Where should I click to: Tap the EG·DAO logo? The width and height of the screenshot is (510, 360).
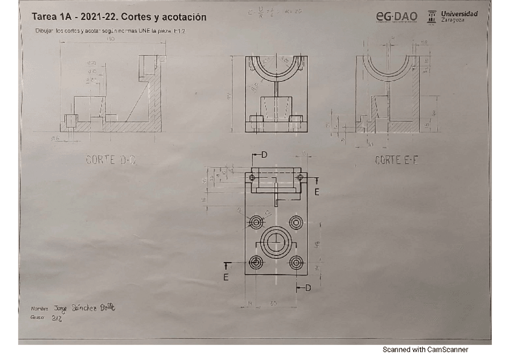pyautogui.click(x=396, y=16)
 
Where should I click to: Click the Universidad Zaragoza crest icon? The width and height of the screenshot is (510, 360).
pyautogui.click(x=431, y=16)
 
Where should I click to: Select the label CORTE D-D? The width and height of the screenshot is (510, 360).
pyautogui.click(x=111, y=160)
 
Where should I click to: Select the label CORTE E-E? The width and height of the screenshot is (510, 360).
pyautogui.click(x=396, y=160)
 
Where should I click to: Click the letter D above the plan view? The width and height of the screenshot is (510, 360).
pyautogui.click(x=264, y=155)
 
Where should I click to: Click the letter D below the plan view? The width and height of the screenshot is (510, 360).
pyautogui.click(x=308, y=288)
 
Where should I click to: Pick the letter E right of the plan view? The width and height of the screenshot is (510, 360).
pyautogui.click(x=316, y=192)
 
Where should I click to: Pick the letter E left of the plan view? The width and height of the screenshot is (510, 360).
pyautogui.click(x=226, y=277)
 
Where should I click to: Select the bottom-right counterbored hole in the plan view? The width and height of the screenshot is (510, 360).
pyautogui.click(x=296, y=263)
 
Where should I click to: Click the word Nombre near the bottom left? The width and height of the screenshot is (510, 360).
pyautogui.click(x=40, y=309)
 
